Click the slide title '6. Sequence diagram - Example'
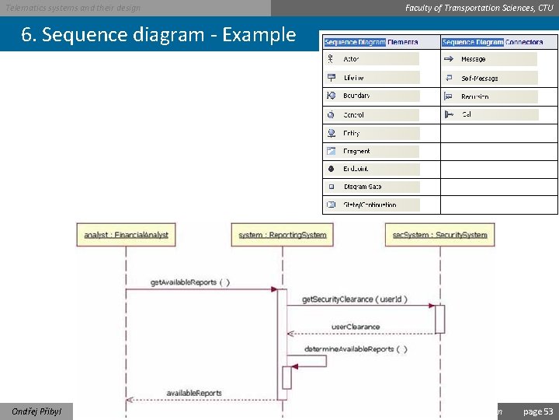[x=159, y=34]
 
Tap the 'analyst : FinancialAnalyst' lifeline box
[x=127, y=234]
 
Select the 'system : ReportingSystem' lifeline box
[x=283, y=234]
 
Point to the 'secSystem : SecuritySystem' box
[x=439, y=234]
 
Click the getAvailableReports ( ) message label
[x=190, y=282]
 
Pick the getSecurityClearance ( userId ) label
[x=354, y=299]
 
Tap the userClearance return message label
[x=356, y=327]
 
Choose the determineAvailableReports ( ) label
[x=356, y=349]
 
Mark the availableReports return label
[x=194, y=393]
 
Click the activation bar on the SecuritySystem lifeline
[x=439, y=319]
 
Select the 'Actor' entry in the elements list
[x=351, y=59]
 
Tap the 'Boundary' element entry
[x=356, y=96]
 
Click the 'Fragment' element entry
[x=356, y=151]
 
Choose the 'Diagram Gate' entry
[x=363, y=187]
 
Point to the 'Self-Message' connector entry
[x=479, y=78]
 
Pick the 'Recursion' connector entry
[x=474, y=96]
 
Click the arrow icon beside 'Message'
[x=449, y=59]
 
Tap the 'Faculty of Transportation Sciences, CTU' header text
[x=479, y=8]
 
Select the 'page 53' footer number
[x=538, y=411]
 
